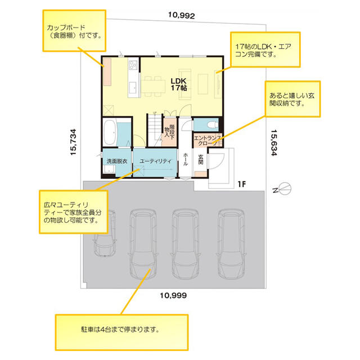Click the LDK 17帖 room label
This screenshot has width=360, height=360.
click(179, 84)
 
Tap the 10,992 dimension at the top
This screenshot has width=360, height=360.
click(181, 15)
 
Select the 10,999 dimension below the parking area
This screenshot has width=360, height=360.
click(173, 295)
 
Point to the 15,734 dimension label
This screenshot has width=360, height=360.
click(73, 142)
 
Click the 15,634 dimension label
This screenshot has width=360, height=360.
click(274, 142)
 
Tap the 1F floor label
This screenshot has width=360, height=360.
click(242, 184)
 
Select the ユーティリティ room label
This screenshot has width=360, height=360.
click(155, 161)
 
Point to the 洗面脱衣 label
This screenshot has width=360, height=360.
click(117, 161)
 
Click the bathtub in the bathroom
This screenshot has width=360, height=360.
click(110, 133)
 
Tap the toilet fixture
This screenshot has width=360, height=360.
click(212, 124)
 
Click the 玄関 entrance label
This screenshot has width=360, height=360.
click(201, 159)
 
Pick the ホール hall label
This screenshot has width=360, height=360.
click(186, 159)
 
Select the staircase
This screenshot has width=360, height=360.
click(155, 130)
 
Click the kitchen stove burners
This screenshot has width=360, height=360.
click(133, 65)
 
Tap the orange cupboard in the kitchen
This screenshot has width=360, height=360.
click(107, 72)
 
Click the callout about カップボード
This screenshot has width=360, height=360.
click(74, 30)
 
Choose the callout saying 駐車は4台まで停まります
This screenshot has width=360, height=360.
click(121, 332)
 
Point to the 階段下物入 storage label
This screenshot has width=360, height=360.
click(169, 132)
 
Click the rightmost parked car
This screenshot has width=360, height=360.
click(231, 244)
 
